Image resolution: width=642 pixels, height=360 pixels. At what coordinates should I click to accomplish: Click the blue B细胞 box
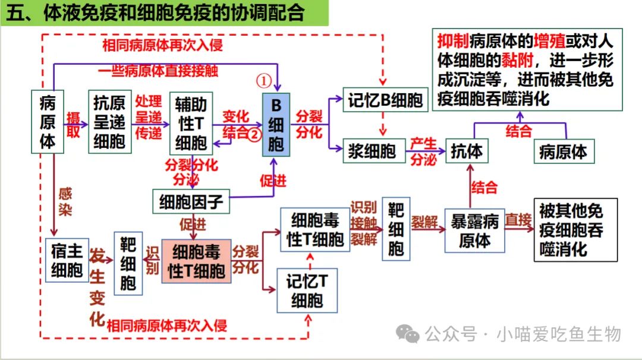click(x=276, y=125)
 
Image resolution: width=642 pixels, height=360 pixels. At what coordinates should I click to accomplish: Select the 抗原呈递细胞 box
click(x=109, y=122)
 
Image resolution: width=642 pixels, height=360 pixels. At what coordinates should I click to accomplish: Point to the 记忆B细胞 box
click(x=385, y=100)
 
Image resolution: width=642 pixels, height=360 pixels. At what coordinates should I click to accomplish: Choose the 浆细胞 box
click(x=372, y=151)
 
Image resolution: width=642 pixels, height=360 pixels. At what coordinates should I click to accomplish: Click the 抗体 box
click(x=467, y=151)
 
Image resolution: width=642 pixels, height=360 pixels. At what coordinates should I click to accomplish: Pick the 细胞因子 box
click(x=191, y=203)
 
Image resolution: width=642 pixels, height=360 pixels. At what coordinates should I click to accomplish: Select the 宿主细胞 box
click(x=67, y=260)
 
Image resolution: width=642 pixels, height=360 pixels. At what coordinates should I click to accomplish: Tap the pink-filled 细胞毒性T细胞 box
click(x=196, y=261)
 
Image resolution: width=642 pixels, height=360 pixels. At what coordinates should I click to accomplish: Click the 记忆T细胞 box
click(x=307, y=290)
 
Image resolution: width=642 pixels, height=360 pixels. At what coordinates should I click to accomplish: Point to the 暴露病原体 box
click(x=474, y=231)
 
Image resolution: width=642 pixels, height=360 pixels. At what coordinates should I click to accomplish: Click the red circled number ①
click(x=264, y=81)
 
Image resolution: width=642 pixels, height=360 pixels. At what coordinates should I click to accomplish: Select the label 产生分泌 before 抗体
click(x=423, y=151)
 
